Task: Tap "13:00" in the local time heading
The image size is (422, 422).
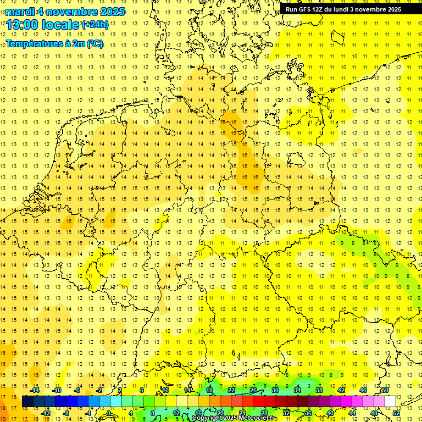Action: (x=22, y=25)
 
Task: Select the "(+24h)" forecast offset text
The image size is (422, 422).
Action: (x=95, y=25)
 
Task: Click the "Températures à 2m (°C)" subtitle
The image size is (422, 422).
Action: (x=54, y=43)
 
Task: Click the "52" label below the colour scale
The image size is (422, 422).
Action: (x=396, y=413)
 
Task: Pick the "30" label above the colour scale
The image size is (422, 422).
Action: (x=275, y=390)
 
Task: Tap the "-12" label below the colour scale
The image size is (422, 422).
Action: (x=46, y=413)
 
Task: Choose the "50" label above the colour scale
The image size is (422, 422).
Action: (x=385, y=390)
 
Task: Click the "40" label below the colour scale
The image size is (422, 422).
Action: (x=330, y=413)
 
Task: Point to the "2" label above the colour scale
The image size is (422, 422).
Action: (x=120, y=390)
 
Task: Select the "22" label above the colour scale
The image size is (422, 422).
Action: (x=231, y=390)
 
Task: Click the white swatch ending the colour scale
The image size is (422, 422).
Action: (x=390, y=402)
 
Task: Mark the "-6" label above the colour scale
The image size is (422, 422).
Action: (x=77, y=390)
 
